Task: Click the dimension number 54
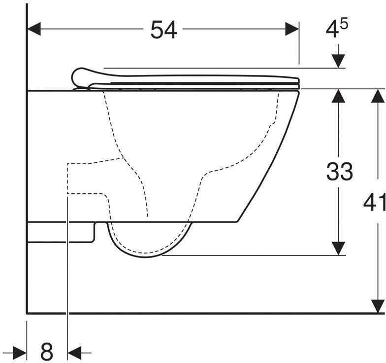[163, 31]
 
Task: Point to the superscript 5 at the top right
[344, 24]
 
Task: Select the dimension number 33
[339, 172]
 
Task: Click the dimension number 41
[375, 203]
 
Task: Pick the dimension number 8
[47, 352]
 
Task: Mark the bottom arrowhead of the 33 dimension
[338, 249]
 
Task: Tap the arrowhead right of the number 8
[74, 352]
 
